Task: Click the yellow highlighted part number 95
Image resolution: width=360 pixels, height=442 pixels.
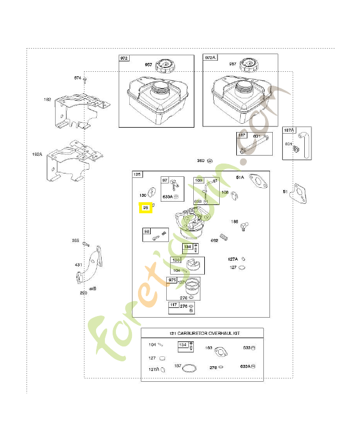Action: [x=146, y=208]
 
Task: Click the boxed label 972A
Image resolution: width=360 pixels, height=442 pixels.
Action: [x=210, y=58]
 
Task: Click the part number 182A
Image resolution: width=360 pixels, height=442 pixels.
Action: [x=37, y=155]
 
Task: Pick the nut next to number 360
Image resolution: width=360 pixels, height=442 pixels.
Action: [x=210, y=161]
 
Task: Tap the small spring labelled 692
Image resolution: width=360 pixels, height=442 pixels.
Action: [x=224, y=237]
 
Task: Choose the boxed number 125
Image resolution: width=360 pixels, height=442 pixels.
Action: [x=137, y=175]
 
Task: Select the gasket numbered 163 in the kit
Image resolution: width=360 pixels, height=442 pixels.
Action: [x=220, y=351]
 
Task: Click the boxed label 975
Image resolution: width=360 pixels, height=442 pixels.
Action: [x=173, y=281]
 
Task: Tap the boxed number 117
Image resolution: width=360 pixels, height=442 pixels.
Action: [x=174, y=304]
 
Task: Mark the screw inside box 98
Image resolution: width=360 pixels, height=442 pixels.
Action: [x=162, y=236]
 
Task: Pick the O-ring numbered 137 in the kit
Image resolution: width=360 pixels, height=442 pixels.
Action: [x=190, y=368]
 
